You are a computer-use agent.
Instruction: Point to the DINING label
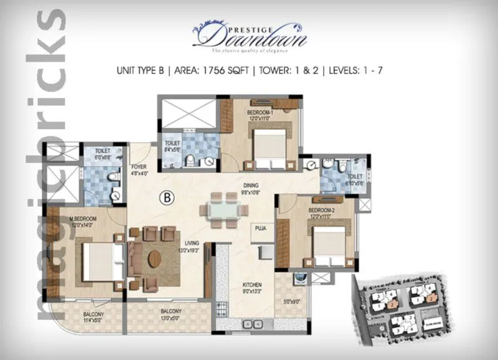click(251, 185)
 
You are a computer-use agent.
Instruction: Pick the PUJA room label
click(260, 229)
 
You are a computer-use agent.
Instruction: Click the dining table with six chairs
click(223, 210)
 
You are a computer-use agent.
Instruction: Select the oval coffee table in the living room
click(154, 258)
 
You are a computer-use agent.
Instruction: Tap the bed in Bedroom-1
click(269, 146)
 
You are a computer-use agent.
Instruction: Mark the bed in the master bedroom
click(98, 261)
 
